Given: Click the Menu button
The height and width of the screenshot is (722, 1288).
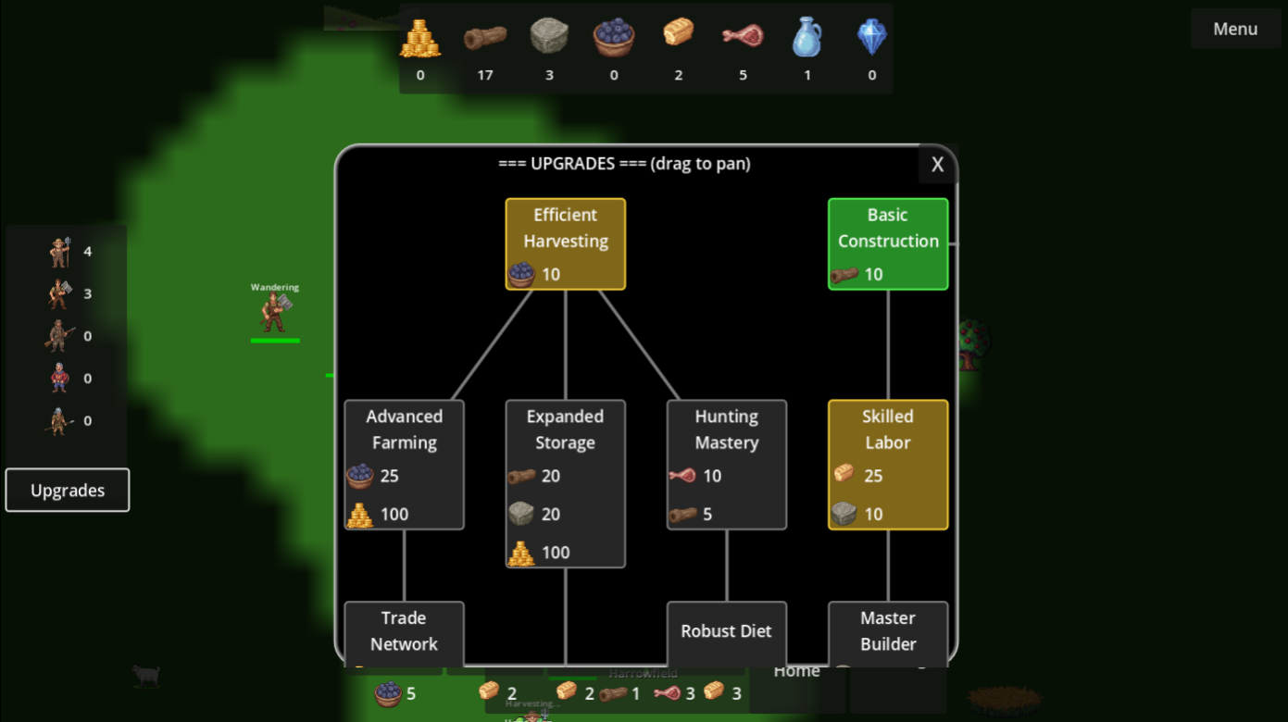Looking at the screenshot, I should click(1235, 29).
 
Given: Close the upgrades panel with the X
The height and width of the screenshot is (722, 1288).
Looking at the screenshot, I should click(937, 165).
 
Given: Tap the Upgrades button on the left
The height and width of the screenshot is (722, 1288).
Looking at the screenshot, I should click(68, 491).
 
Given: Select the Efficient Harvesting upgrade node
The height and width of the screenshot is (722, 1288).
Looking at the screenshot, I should click(565, 243).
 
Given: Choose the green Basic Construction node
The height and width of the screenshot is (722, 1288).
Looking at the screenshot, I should click(887, 243).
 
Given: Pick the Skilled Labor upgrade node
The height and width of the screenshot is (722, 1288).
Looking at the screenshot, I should click(887, 464).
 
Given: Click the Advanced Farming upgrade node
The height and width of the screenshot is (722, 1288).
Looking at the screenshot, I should click(404, 464).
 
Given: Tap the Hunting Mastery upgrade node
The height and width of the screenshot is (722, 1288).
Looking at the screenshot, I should click(726, 464).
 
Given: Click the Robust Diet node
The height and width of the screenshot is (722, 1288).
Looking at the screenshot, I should click(726, 632).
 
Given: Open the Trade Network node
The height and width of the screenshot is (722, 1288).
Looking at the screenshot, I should click(404, 632).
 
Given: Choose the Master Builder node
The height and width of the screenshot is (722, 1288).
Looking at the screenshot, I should click(887, 632).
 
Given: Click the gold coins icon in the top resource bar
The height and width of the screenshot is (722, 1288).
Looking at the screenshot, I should click(420, 38).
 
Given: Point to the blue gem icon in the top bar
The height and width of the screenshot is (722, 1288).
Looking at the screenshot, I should click(871, 37).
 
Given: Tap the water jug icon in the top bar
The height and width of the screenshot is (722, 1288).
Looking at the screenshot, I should click(807, 38).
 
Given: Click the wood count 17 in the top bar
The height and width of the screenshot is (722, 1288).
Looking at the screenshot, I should click(485, 75).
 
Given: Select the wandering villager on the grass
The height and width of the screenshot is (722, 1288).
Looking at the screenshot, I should click(275, 313).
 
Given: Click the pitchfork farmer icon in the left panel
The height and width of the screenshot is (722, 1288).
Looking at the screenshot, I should click(60, 252).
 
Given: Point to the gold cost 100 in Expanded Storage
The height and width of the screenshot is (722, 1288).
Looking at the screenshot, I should click(556, 553).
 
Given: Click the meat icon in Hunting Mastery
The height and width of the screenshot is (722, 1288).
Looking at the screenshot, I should click(682, 476).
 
